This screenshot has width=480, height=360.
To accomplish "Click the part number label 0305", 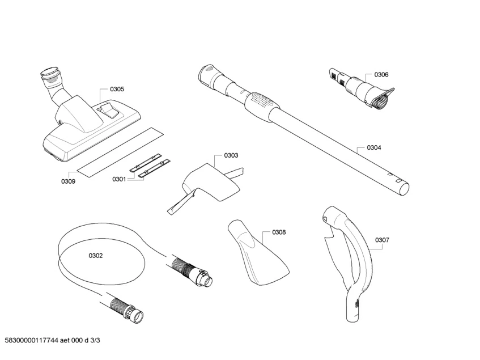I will (x=117, y=89).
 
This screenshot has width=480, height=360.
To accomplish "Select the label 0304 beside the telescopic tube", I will (x=373, y=147).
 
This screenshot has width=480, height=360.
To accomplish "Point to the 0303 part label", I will (x=231, y=155).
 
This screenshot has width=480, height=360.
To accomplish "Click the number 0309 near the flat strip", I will (x=68, y=181).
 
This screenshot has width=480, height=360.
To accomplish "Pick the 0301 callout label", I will (x=118, y=179).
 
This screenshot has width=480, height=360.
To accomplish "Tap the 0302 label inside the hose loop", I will (x=96, y=256).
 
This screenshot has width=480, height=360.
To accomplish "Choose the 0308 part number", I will (x=278, y=232).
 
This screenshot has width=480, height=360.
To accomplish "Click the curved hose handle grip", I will (x=363, y=249).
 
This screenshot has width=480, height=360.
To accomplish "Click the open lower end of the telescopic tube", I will (x=403, y=186).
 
